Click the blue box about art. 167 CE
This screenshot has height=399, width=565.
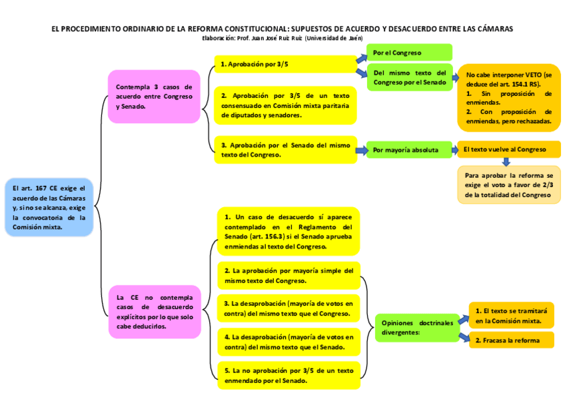click(x=49, y=207)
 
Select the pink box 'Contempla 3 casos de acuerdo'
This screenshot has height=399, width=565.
click(x=154, y=97)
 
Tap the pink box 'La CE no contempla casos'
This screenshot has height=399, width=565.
click(x=154, y=312)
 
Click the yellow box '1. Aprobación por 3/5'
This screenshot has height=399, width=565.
click(x=284, y=65)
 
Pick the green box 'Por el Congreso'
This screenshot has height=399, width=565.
click(x=409, y=53)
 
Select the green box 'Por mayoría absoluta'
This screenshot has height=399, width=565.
click(x=409, y=151)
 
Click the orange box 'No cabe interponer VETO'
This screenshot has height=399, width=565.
click(x=508, y=98)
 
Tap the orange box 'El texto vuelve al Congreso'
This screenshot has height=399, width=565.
click(x=508, y=150)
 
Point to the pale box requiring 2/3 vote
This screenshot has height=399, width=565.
click(x=508, y=185)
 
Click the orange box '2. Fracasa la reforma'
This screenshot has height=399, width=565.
click(x=511, y=340)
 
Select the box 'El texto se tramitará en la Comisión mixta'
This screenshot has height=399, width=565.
click(x=511, y=316)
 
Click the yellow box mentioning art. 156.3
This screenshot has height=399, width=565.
click(x=288, y=232)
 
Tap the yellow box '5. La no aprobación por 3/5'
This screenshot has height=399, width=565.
click(x=288, y=375)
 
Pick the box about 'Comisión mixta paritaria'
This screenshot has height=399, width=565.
click(x=284, y=105)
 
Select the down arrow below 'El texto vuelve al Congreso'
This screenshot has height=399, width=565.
click(x=505, y=162)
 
